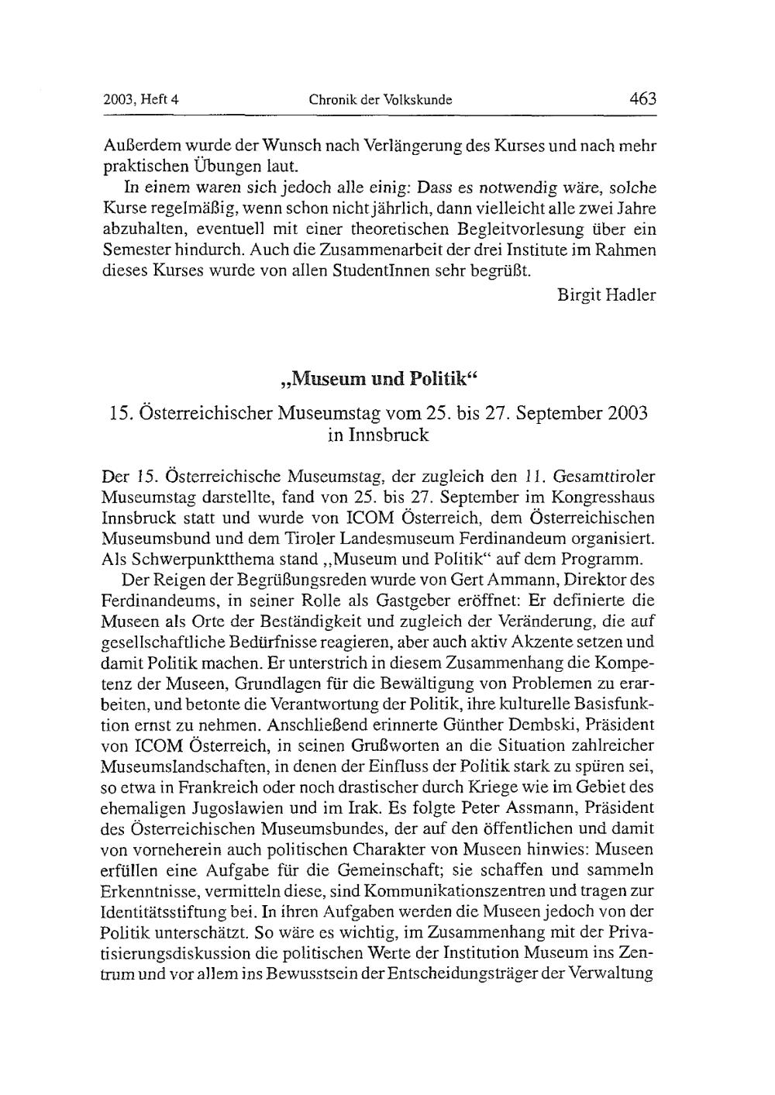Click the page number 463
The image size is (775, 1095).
tap(642, 98)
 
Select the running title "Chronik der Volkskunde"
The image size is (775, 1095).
tap(381, 100)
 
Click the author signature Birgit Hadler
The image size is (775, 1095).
tap(607, 295)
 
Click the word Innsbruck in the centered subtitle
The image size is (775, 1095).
tap(378, 435)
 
